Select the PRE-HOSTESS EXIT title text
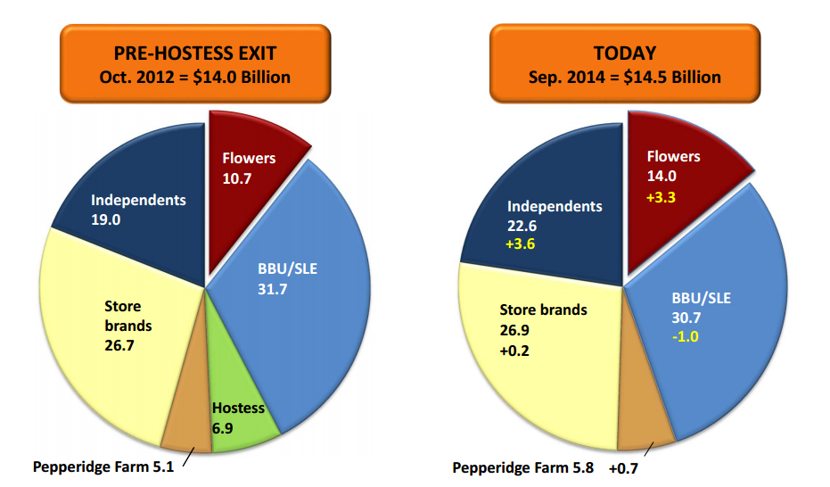click(x=194, y=54)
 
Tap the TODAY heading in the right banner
click(x=624, y=54)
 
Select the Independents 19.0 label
click(x=138, y=209)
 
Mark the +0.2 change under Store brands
click(x=518, y=350)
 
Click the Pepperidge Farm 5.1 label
click(x=102, y=466)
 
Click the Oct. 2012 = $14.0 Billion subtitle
click(x=194, y=77)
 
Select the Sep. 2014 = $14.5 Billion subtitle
click(x=624, y=77)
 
